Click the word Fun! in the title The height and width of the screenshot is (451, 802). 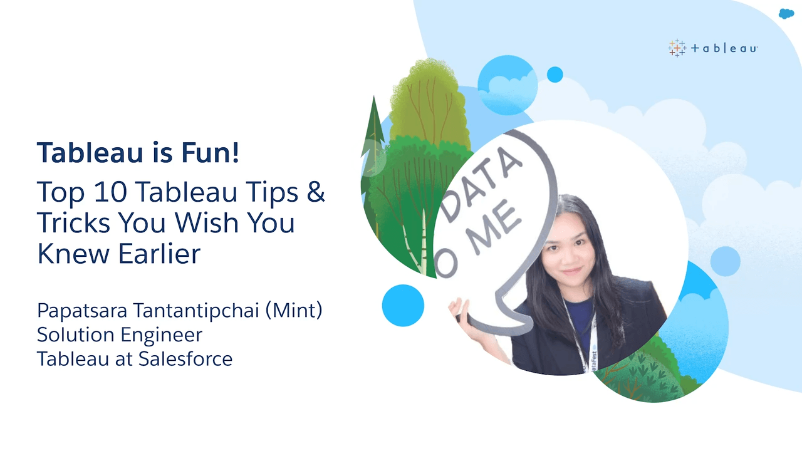[210, 152]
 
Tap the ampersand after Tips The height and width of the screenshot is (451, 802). [315, 192]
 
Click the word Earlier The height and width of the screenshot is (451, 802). [159, 254]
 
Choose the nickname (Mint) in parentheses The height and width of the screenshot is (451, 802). [294, 310]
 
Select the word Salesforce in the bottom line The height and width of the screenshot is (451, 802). [185, 359]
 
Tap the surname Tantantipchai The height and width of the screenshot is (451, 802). [196, 310]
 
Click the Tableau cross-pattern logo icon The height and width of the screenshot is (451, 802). [677, 48]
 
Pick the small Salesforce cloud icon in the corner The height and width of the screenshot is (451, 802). [786, 14]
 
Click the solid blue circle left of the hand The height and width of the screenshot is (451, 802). [403, 305]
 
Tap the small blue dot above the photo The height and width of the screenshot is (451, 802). [555, 75]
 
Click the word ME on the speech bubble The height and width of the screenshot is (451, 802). [495, 229]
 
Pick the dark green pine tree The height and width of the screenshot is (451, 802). [372, 157]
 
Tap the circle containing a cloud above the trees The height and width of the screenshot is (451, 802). [508, 85]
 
